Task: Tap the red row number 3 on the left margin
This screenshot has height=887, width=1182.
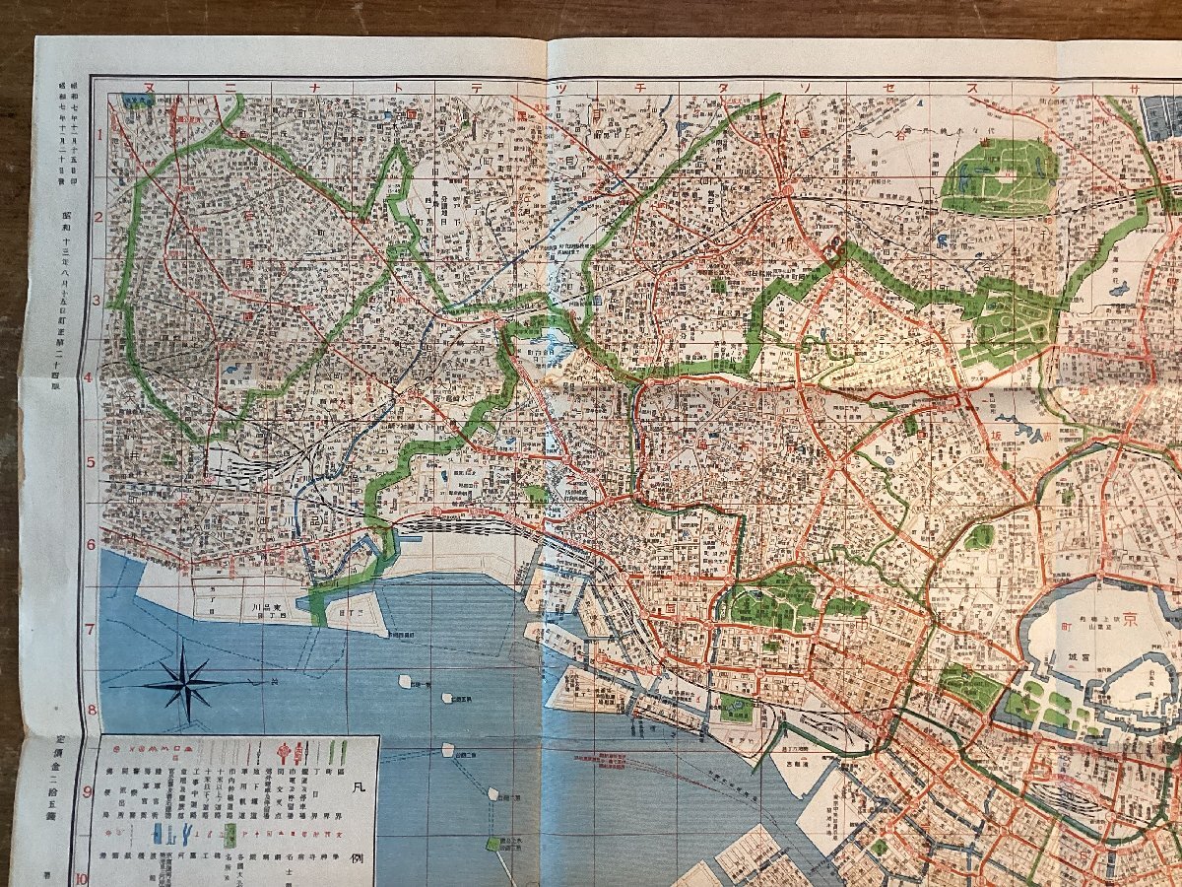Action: coord(98,302)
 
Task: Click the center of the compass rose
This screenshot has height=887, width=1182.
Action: coord(185,682)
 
